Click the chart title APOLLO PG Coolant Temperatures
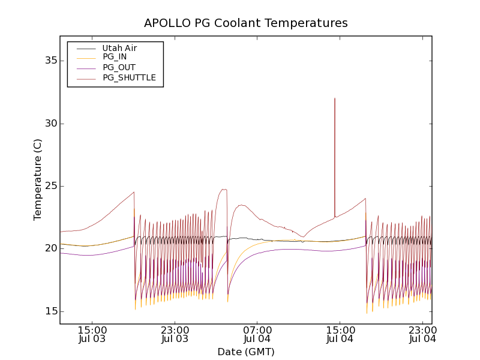coord(246,23)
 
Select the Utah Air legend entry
coord(119,48)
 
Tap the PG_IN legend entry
coord(115,57)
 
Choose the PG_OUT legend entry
coord(119,67)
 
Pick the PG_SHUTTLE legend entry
coord(129,77)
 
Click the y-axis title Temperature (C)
coord(38,180)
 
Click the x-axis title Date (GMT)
coord(246,352)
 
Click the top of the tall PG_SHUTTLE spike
coord(335,98)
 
